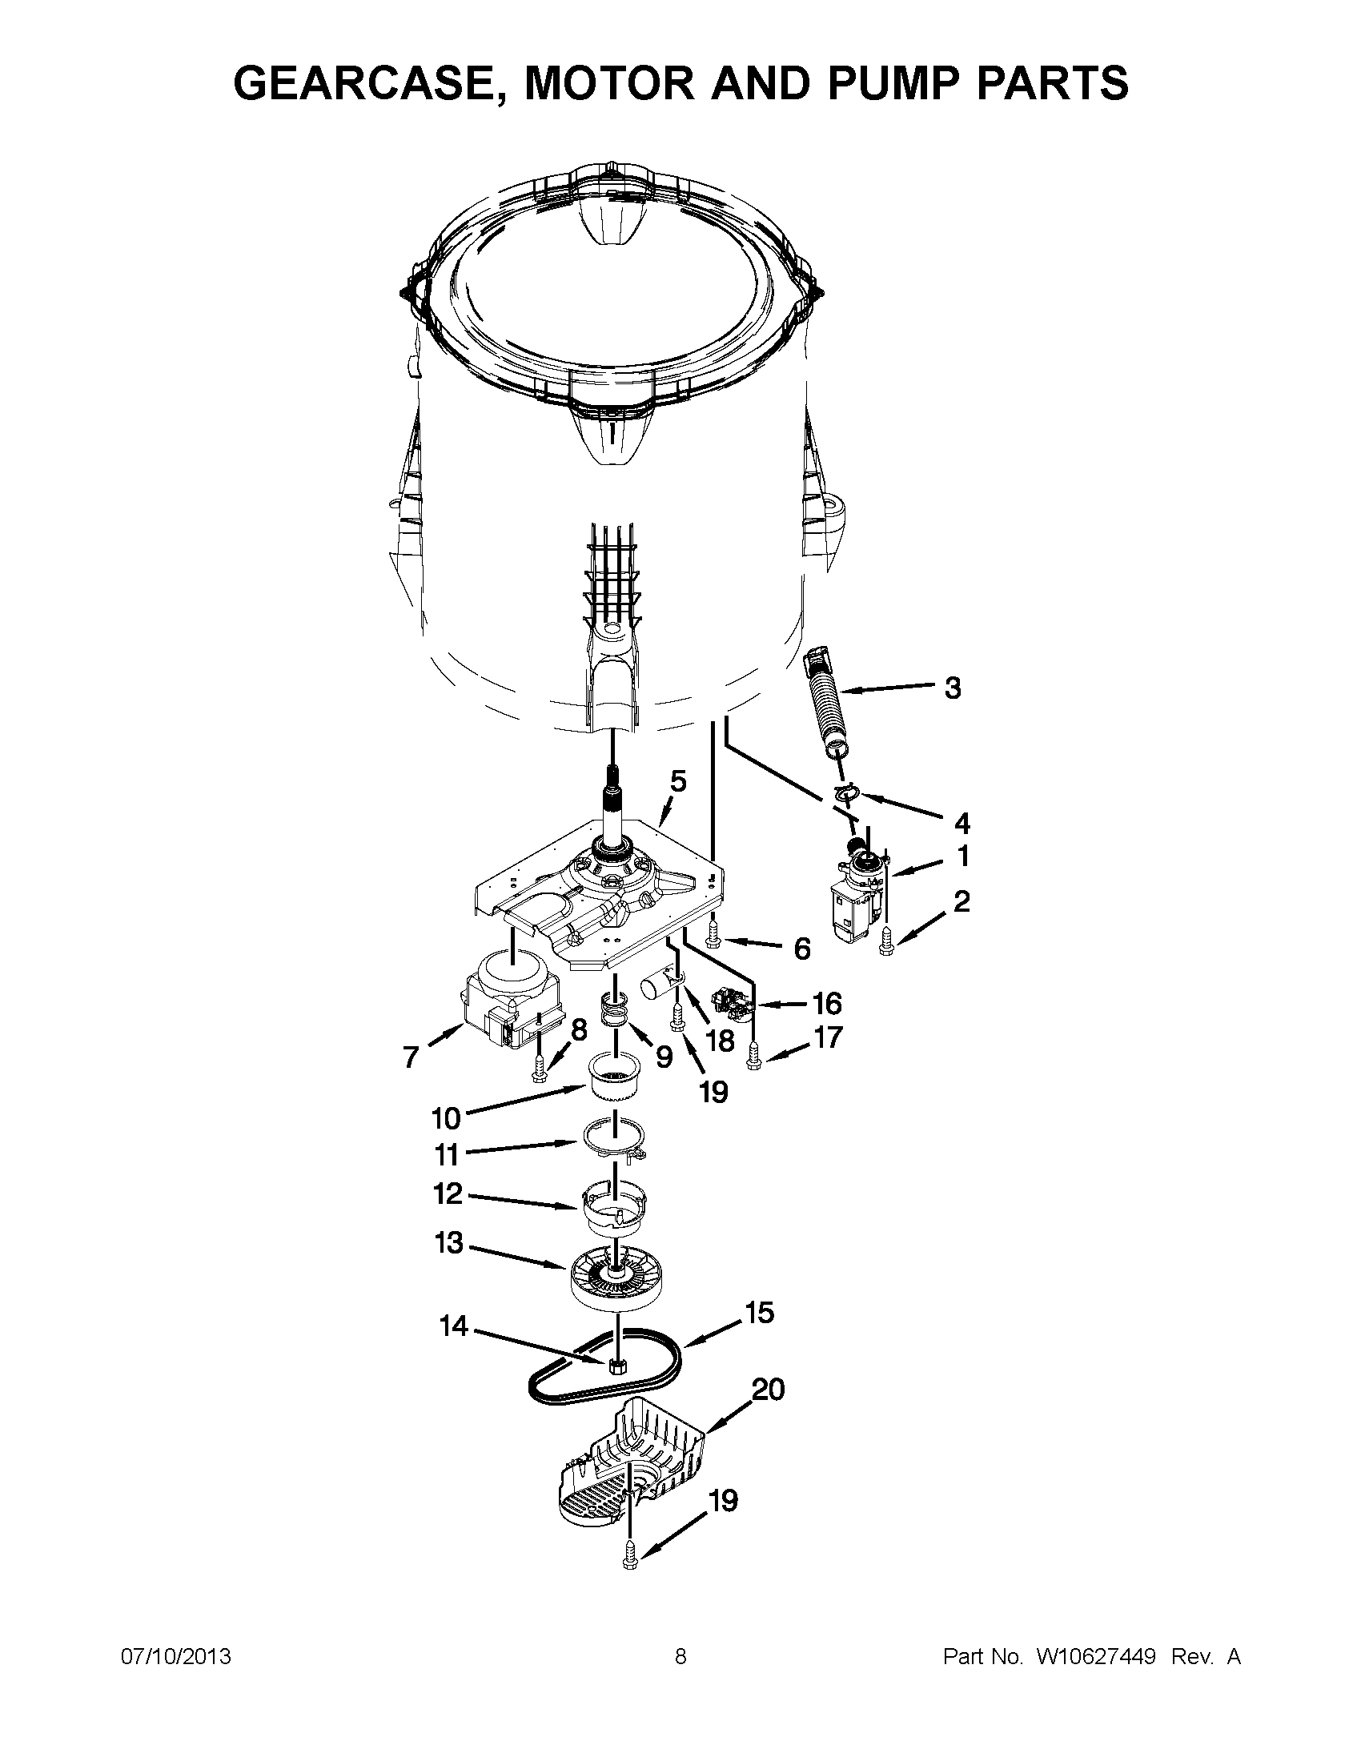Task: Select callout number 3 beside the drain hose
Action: click(x=952, y=688)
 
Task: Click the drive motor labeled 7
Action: click(x=503, y=1001)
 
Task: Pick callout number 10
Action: click(x=446, y=1118)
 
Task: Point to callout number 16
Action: click(x=826, y=1004)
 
